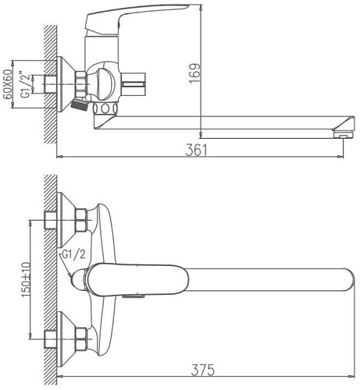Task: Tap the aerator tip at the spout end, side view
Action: point(340,133)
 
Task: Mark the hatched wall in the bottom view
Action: point(51,281)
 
